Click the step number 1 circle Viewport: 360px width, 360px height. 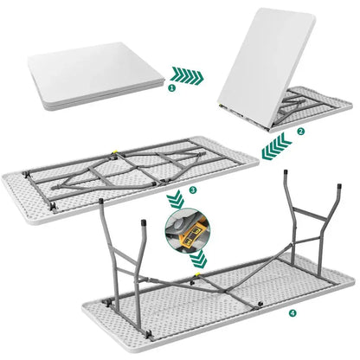172,88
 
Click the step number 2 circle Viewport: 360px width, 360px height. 300,132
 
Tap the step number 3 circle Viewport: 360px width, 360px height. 193,190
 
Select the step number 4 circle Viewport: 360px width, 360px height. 293,312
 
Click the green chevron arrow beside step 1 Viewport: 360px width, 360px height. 187,76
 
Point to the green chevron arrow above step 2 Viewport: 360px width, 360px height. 277,146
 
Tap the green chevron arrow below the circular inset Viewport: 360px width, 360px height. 198,259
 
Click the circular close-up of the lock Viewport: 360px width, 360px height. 188,228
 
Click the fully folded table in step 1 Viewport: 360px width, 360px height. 96,75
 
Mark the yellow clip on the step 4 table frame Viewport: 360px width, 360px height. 197,274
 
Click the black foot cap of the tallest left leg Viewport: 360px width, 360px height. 100,201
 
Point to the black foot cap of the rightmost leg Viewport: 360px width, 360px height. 339,186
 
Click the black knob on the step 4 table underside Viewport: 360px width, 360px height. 260,304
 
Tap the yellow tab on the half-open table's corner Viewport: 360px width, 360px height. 221,106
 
